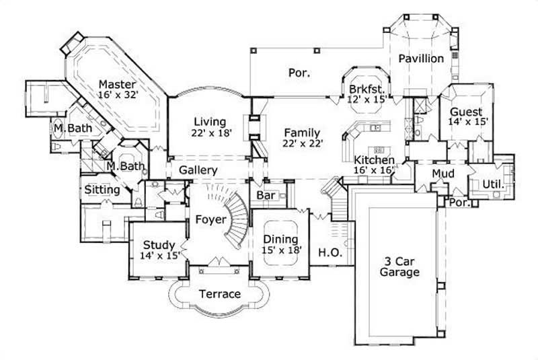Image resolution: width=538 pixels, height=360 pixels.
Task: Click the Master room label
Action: pos(118,84)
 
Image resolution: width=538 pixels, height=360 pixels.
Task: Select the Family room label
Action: pos(301,133)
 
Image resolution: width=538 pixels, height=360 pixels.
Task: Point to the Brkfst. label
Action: pos(367,89)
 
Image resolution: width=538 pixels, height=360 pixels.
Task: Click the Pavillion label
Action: pos(421,59)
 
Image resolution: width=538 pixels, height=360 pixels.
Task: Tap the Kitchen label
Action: pos(374,160)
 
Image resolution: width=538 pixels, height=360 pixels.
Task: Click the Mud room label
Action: pos(443,174)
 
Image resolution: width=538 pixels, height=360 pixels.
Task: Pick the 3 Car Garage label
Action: pos(398,266)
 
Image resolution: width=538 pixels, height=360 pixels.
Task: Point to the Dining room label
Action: pos(281,239)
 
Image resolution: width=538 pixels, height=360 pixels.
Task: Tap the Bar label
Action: pos(264,195)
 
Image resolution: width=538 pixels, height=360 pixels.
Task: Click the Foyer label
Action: pos(210,219)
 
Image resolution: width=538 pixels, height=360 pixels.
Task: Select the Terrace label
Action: pos(219,294)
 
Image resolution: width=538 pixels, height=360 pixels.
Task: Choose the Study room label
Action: pos(159,245)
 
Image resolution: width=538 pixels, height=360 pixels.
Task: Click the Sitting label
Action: pos(102,190)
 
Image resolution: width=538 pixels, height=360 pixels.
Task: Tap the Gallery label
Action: pos(198,170)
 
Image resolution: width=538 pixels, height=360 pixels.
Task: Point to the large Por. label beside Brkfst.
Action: pos(299,72)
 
